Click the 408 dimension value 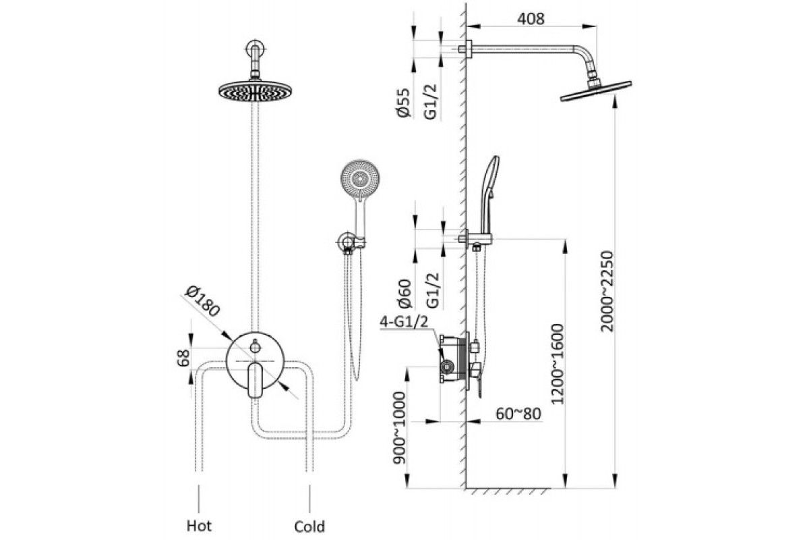pos(531,18)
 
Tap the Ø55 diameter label pos(403,103)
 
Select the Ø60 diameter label pos(404,293)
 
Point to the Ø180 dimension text pos(202,301)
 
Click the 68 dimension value pos(184,358)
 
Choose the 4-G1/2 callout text pos(404,321)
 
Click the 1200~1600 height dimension pos(557,364)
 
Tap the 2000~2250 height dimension pos(607,292)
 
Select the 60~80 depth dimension pos(518,414)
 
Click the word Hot pos(199,526)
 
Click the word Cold pos(309,526)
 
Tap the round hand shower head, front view pos(360,178)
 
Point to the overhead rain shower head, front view pos(255,90)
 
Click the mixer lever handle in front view pos(255,380)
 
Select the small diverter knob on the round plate pos(256,347)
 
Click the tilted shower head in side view pos(596,91)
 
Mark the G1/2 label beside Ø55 pos(430,101)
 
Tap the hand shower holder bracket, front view pos(350,242)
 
